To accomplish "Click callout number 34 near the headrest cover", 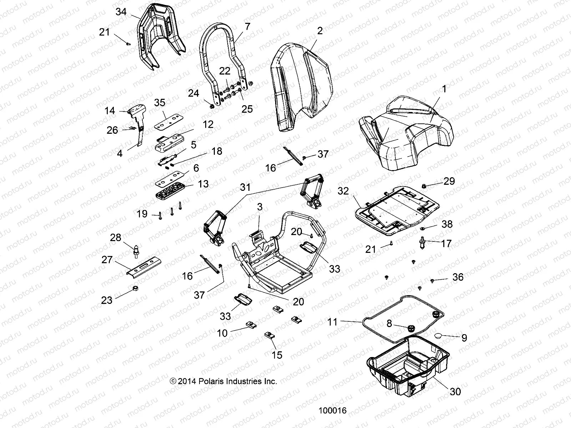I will (121, 12).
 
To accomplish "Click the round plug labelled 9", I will (440, 336).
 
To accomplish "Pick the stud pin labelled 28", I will (136, 250).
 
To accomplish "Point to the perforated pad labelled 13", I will (171, 193).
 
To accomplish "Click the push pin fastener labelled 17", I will (421, 244).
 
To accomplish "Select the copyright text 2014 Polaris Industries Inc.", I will (223, 381).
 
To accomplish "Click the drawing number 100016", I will (332, 411).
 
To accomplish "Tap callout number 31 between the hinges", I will (245, 187).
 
